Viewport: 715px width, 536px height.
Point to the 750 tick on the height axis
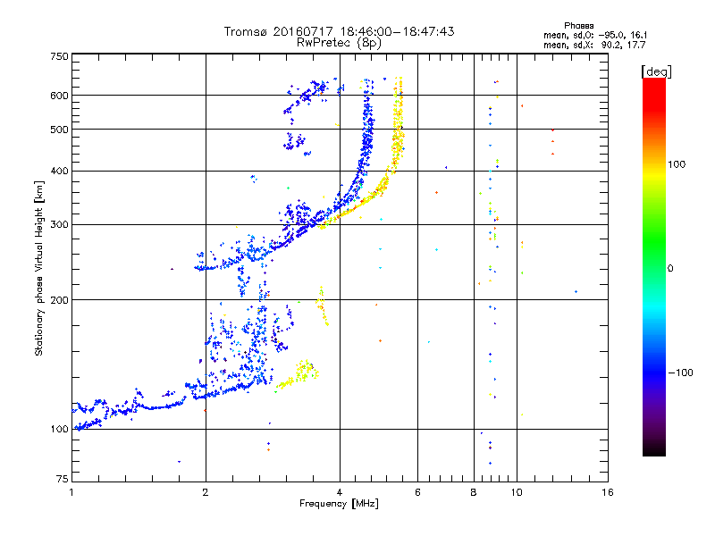coord(58,56)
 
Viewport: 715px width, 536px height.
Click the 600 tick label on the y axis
coord(58,96)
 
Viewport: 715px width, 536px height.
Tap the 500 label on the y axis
coord(58,130)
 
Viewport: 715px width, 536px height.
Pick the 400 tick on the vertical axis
coord(58,171)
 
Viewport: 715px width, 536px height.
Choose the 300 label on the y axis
coord(58,224)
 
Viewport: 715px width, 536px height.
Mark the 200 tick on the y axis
coord(58,299)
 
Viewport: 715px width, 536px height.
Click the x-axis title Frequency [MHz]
coord(339,505)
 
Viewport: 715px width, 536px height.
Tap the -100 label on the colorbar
coord(679,373)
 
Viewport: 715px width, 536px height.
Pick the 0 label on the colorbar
coord(670,268)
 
